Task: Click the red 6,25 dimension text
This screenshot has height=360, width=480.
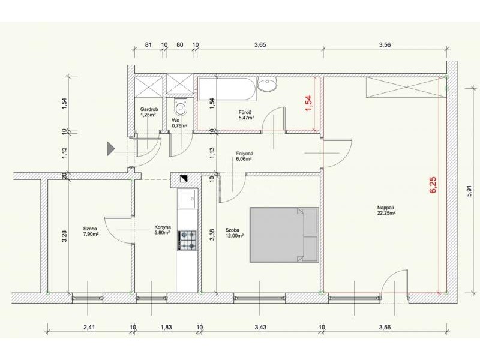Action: (433, 185)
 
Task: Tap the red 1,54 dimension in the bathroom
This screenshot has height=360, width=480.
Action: (308, 103)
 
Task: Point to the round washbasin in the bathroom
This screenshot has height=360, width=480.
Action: (267, 84)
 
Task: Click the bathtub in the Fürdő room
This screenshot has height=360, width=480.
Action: (227, 89)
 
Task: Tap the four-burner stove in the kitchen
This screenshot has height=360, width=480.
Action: (187, 241)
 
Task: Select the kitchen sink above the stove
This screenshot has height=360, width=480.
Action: (187, 199)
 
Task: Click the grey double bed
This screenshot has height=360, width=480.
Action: (284, 235)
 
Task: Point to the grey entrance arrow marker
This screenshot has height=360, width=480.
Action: (110, 149)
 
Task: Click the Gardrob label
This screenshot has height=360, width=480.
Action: (149, 109)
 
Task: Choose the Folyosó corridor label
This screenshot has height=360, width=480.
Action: (244, 154)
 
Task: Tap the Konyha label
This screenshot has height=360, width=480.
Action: (163, 227)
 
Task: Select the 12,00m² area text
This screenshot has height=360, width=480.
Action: (235, 235)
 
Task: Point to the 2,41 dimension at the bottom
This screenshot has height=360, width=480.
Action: (89, 327)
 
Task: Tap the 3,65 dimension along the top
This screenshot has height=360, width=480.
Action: (260, 44)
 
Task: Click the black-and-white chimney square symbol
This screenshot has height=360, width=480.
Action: (185, 178)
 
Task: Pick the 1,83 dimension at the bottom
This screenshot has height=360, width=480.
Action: (166, 327)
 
